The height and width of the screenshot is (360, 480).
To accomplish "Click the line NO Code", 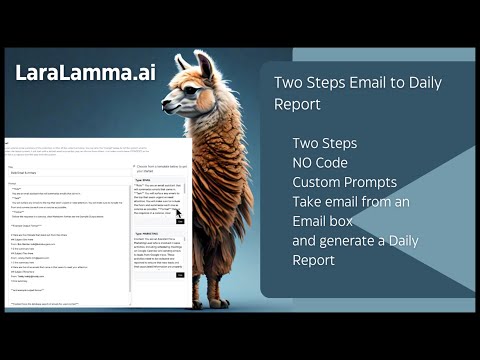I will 319,162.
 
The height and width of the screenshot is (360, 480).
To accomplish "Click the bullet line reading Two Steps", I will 324,143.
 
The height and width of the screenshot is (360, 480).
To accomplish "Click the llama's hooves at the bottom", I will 221,301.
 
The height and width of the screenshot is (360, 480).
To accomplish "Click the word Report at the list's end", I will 313,260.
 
